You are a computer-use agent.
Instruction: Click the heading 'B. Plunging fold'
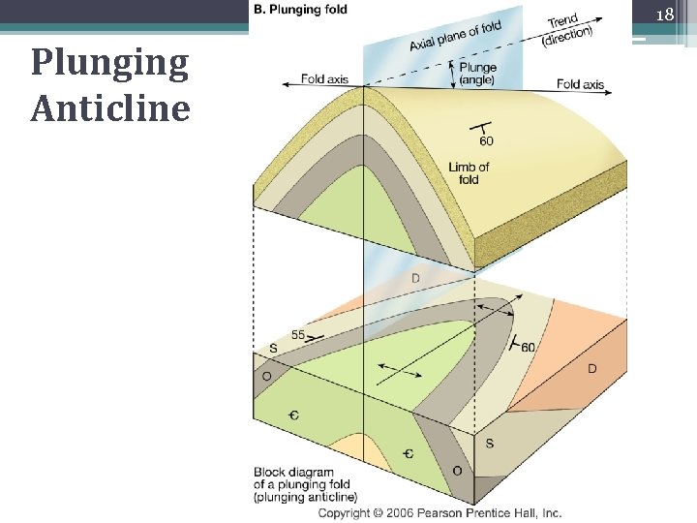coord(300,9)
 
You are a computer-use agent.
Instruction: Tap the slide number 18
coord(664,15)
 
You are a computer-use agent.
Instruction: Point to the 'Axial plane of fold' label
coord(455,36)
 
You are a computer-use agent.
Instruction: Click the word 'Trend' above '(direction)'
coord(562,20)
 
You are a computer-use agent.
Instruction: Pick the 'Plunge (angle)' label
coord(479,73)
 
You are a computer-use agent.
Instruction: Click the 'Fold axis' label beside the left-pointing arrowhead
coord(325,78)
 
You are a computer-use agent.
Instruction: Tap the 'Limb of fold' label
coord(469,173)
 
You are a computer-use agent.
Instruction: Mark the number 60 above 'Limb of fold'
coord(485,141)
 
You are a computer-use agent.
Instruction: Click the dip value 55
coord(298,335)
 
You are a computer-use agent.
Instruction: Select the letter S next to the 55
coord(275,349)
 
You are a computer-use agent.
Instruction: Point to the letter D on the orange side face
coord(592,369)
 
